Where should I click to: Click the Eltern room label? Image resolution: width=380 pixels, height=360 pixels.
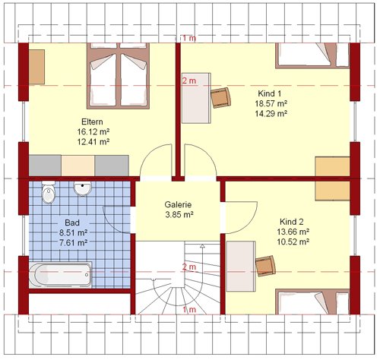coord(92,122)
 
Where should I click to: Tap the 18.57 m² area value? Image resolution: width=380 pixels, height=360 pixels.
coord(271,103)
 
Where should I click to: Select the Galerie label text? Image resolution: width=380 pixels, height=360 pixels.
coord(178,204)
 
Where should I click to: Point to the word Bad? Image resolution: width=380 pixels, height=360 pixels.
coord(72,223)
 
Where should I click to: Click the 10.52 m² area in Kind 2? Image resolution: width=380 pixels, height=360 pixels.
coord(293,242)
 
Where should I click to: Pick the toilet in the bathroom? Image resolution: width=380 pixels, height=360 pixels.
coord(48,192)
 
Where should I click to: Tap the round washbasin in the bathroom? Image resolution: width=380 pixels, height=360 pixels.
coord(82,188)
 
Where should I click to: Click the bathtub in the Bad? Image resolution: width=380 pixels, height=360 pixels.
coord(60,275)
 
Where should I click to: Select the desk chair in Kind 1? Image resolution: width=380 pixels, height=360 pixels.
coord(221,98)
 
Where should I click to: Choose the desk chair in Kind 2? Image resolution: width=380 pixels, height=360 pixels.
coord(265,266)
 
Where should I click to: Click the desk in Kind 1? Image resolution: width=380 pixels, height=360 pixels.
coord(196,98)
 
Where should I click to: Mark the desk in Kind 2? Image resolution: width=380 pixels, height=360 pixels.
coord(241,267)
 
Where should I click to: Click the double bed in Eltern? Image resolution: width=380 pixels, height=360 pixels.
coord(118,76)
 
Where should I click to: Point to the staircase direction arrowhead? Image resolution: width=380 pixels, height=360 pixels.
coord(202,245)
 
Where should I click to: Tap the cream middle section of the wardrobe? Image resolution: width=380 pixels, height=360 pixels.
coord(78,166)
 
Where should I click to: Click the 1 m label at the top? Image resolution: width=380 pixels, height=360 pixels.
coord(189,38)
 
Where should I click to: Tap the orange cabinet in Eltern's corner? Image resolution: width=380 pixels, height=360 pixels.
coord(36,67)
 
